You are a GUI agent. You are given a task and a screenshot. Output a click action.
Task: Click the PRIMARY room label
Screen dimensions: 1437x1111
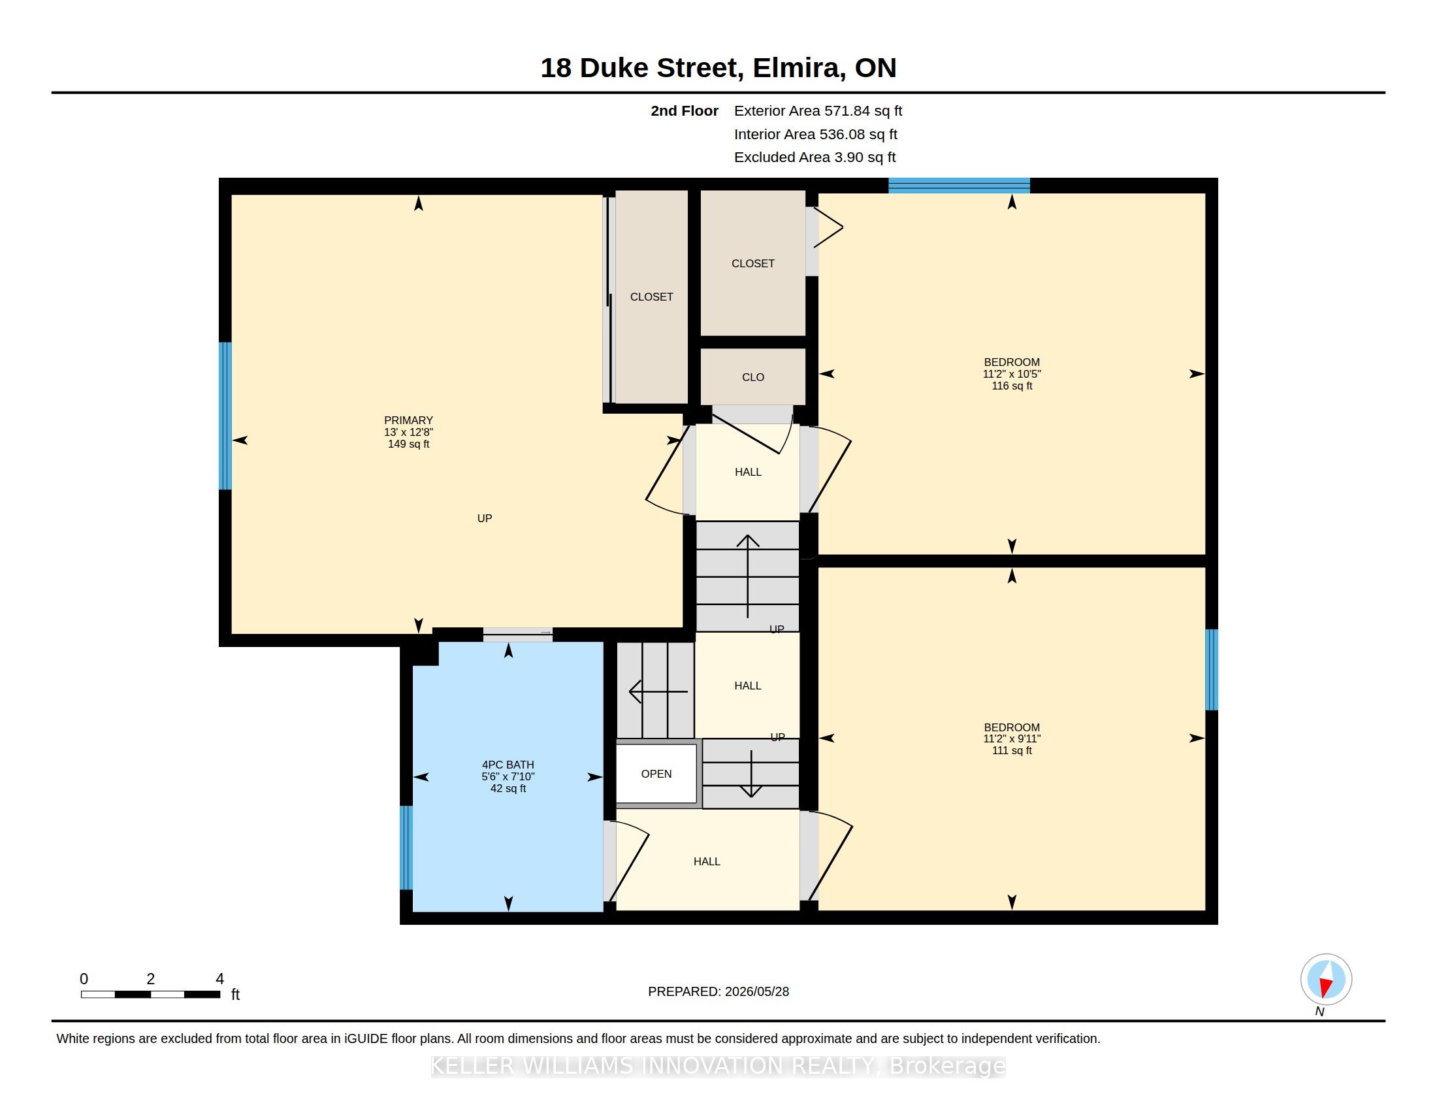click(408, 420)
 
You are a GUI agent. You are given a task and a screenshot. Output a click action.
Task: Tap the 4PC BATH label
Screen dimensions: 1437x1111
click(508, 764)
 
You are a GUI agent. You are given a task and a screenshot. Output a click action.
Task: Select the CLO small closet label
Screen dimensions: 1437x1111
click(752, 377)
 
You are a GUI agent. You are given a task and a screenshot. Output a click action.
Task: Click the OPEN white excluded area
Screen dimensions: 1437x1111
click(656, 774)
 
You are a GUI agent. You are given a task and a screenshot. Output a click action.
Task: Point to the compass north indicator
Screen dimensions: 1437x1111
click(1326, 980)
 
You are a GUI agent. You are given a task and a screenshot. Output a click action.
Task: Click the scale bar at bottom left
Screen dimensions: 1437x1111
click(151, 994)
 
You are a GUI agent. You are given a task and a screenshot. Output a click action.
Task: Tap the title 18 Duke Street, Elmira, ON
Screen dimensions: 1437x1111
click(718, 68)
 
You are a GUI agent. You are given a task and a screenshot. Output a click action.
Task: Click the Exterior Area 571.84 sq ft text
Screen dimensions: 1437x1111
click(818, 111)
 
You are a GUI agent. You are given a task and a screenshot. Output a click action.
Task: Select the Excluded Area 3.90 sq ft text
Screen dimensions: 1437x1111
click(815, 158)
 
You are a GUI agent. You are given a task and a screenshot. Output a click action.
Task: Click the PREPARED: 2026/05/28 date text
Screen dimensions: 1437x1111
click(718, 991)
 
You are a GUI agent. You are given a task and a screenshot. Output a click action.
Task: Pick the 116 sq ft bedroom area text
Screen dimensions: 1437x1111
click(1012, 386)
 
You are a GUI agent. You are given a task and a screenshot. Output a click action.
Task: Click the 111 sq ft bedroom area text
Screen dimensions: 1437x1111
click(1012, 750)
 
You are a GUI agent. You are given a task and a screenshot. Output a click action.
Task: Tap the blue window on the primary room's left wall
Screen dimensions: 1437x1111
click(225, 416)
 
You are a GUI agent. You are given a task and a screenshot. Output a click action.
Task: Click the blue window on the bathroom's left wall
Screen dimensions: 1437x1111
click(407, 848)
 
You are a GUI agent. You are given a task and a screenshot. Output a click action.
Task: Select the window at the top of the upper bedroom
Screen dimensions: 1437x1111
click(960, 186)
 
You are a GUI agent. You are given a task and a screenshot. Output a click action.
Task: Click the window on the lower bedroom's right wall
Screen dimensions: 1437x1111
click(1211, 670)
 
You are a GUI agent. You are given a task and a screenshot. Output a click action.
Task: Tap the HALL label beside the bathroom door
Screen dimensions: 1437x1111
click(707, 861)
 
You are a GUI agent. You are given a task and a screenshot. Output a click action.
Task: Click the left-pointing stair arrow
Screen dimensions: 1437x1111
click(658, 691)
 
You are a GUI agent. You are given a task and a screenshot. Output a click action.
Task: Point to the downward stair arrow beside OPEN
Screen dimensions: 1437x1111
click(751, 774)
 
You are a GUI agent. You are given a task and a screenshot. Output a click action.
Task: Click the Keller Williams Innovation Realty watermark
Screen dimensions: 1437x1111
click(718, 1066)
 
